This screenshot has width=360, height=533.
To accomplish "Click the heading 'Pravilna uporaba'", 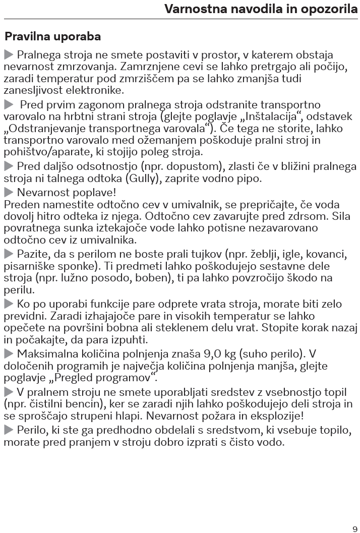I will coord(52,37).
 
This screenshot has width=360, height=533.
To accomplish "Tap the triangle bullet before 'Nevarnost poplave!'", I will coord(9,192).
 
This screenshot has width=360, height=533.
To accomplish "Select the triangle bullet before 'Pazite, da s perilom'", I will coord(9,253).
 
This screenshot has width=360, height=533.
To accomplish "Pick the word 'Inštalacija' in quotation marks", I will coord(267,116).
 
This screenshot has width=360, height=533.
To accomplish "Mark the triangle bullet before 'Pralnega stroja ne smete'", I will coord(9,54).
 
